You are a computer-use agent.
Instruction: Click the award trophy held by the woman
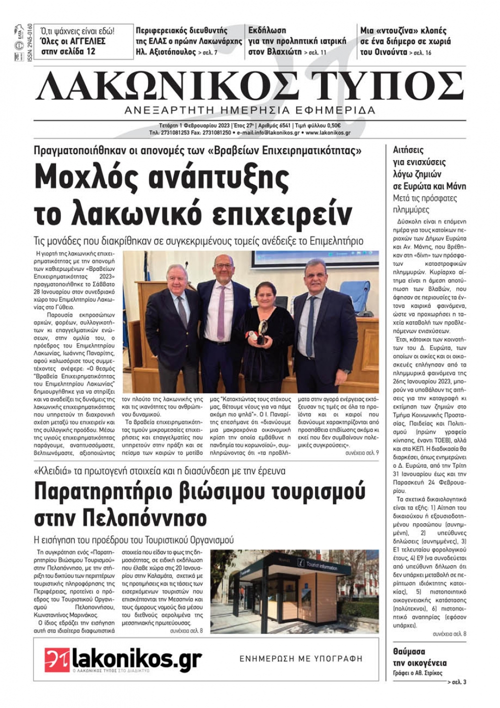click(262, 331)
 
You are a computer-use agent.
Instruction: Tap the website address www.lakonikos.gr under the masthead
click(327, 133)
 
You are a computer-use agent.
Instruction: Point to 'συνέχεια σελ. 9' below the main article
click(362, 452)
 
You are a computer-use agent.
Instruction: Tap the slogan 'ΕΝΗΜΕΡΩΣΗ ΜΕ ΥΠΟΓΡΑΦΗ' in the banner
click(300, 658)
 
